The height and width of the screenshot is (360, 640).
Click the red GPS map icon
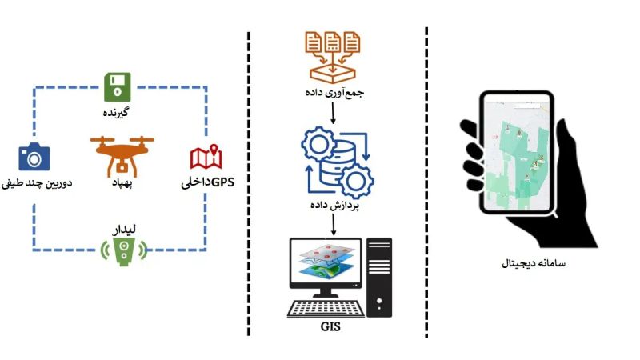click(x=206, y=158)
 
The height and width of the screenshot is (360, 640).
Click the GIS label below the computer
click(x=332, y=327)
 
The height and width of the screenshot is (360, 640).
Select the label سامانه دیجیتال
click(x=533, y=263)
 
